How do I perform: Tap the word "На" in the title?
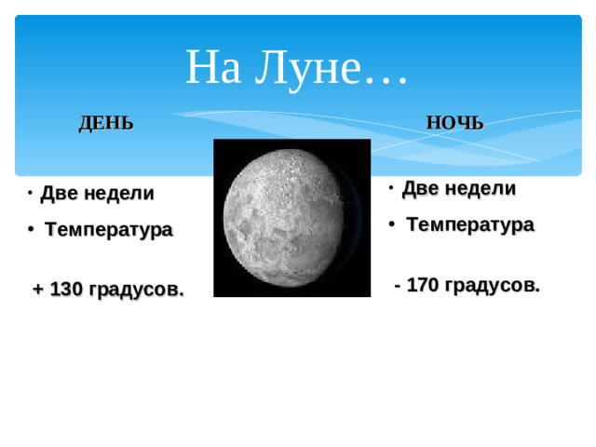click(x=213, y=67)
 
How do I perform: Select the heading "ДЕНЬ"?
click(x=105, y=124)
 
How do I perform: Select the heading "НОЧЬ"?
click(x=454, y=124)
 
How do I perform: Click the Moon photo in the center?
click(x=291, y=218)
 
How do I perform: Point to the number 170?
click(x=423, y=285)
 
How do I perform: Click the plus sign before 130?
click(x=37, y=290)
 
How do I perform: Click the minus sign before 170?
click(x=399, y=285)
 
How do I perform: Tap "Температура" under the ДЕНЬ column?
click(x=108, y=230)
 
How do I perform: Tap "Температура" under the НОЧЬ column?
click(x=470, y=224)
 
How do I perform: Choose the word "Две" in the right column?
click(x=420, y=188)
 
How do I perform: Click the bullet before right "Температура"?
click(x=393, y=224)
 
